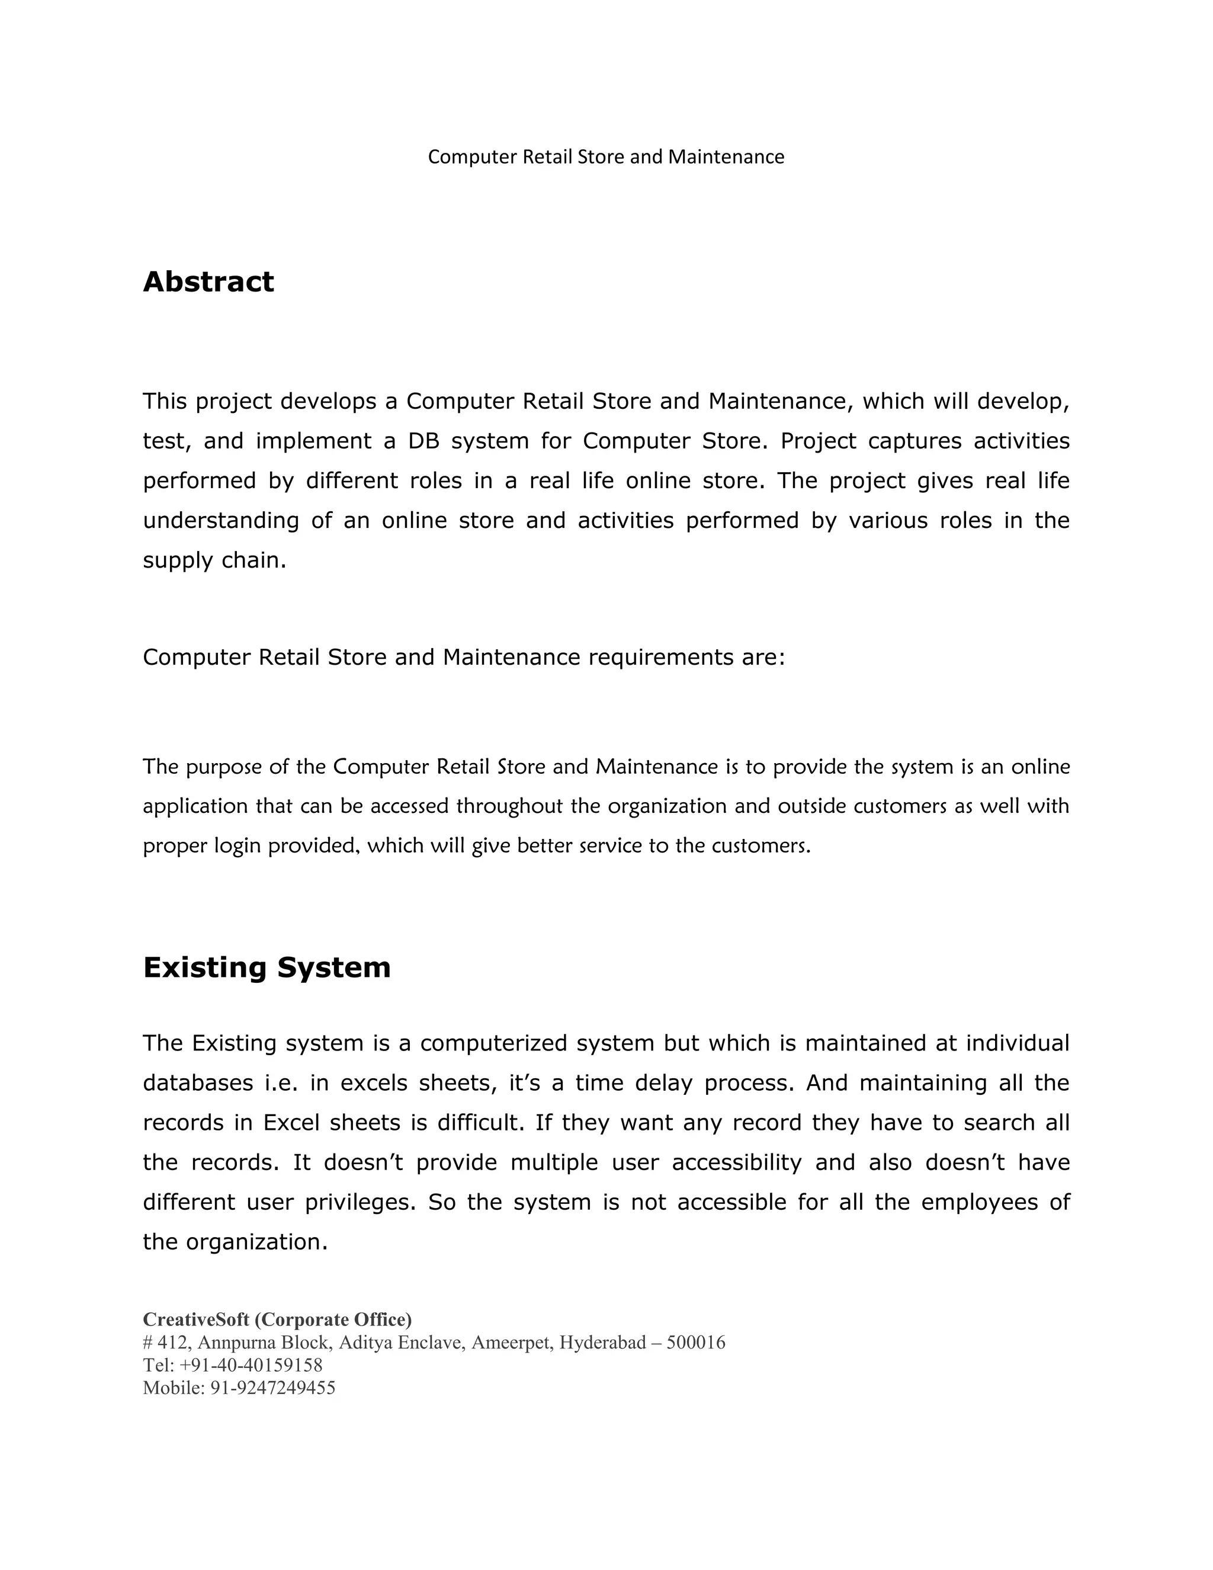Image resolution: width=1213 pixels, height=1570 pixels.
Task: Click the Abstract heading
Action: pyautogui.click(x=208, y=282)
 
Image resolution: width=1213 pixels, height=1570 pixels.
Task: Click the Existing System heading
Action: pyautogui.click(x=267, y=967)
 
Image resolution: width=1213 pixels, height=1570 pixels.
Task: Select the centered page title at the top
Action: pyautogui.click(x=606, y=157)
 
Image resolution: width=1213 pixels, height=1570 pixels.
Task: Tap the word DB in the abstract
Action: pyautogui.click(x=423, y=441)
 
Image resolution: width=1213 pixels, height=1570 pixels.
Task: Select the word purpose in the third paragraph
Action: pyautogui.click(x=223, y=767)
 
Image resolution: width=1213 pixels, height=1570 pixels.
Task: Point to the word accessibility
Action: pyautogui.click(x=737, y=1162)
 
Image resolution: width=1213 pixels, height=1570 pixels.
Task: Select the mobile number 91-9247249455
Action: pyautogui.click(x=272, y=1388)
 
